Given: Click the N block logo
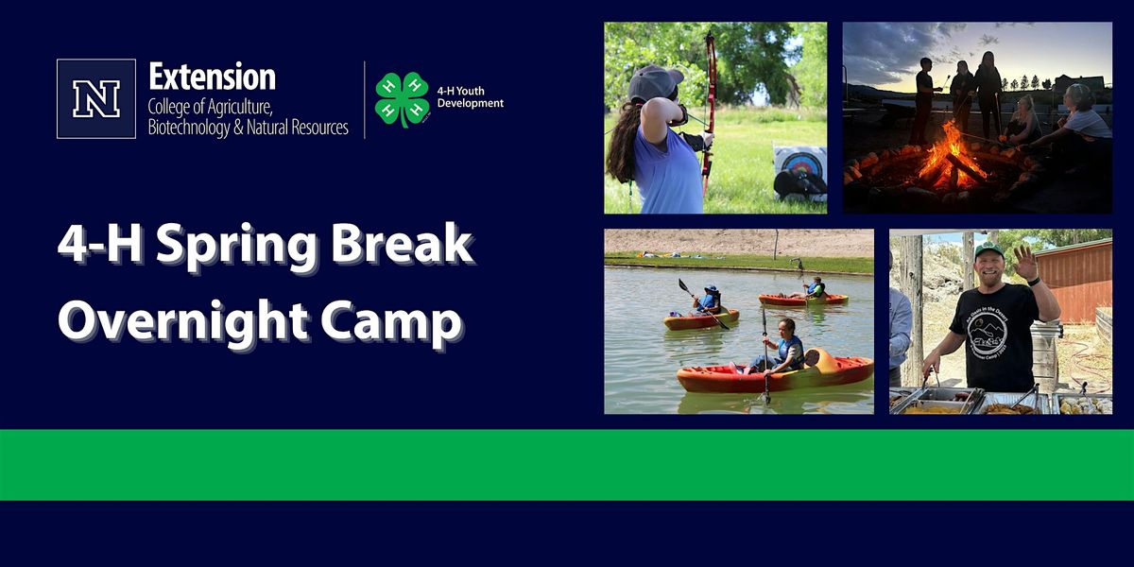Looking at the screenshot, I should tap(95, 99).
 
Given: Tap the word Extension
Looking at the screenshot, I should tap(212, 77).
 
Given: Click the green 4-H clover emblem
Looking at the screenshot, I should tap(402, 99).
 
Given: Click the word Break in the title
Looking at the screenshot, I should tap(417, 246).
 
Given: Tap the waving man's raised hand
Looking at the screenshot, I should tap(1025, 263).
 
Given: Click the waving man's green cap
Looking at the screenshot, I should tap(988, 250).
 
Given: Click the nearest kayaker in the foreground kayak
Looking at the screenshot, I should tap(785, 349).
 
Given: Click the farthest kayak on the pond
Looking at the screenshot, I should tap(804, 299).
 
